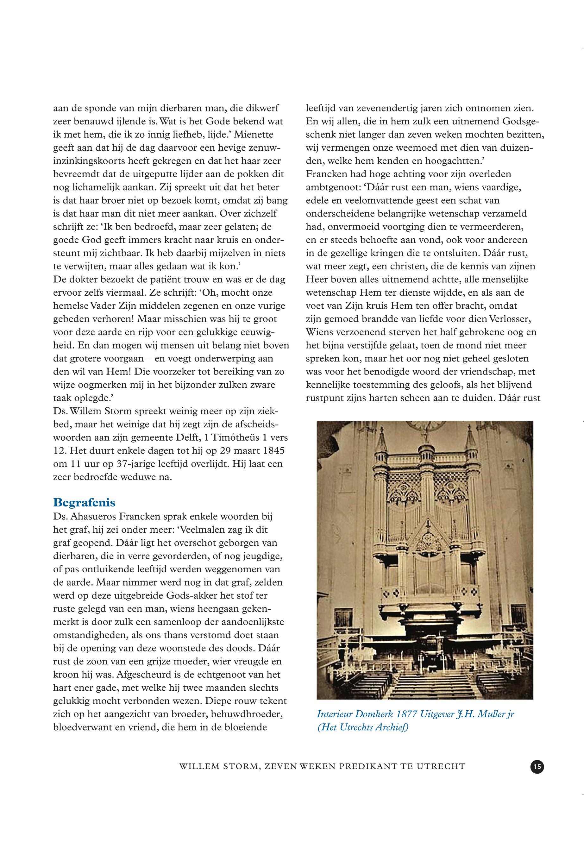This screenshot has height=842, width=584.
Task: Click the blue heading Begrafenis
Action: tap(84, 502)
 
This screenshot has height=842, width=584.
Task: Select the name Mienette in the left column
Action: tap(254, 134)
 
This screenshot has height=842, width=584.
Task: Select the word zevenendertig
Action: tap(383, 108)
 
